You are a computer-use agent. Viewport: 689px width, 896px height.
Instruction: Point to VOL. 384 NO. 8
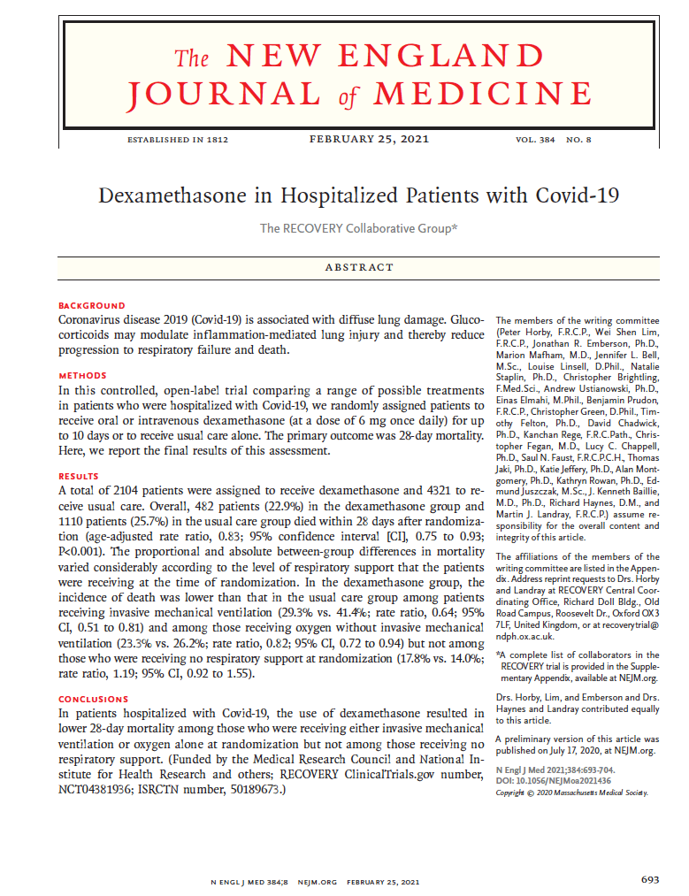pyautogui.click(x=554, y=141)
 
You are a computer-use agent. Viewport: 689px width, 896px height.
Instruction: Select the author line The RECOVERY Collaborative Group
pyautogui.click(x=359, y=228)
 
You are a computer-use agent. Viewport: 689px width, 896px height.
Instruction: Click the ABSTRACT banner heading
pyautogui.click(x=359, y=267)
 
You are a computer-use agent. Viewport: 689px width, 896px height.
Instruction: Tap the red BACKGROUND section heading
pyautogui.click(x=92, y=305)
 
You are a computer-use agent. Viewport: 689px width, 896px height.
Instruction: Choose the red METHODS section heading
pyautogui.click(x=82, y=376)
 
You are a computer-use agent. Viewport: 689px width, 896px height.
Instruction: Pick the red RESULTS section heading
pyautogui.click(x=80, y=476)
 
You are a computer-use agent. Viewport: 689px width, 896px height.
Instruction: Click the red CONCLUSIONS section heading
pyautogui.click(x=93, y=700)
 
